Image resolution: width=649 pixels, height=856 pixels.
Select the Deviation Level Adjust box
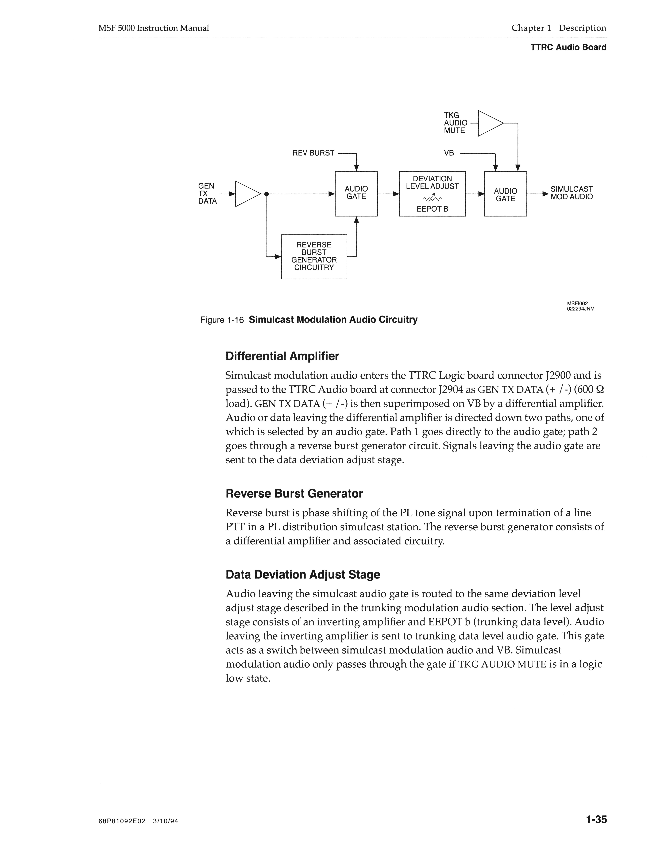coord(432,193)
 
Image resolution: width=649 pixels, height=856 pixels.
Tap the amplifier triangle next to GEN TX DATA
coord(246,194)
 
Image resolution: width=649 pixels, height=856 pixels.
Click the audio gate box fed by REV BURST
coord(356,193)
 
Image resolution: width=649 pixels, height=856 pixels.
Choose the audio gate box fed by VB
coord(505,193)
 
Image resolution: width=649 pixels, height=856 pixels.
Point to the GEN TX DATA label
coord(207,193)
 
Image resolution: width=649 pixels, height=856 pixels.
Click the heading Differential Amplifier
coord(282,356)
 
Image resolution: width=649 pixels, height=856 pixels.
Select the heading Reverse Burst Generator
coord(294,493)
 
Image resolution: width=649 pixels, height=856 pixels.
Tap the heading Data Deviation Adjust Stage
coord(303,574)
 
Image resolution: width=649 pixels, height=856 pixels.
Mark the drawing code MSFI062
coord(577,303)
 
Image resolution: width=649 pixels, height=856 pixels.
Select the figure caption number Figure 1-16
coord(222,320)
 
